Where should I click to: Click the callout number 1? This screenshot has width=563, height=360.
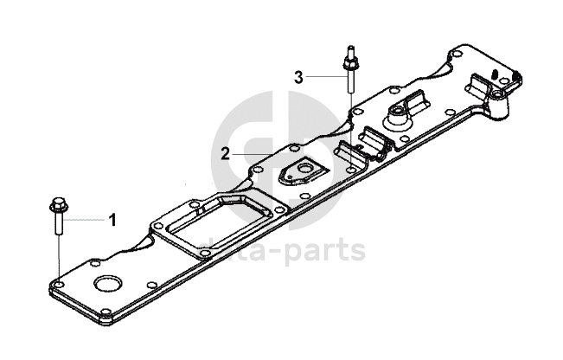click(112, 220)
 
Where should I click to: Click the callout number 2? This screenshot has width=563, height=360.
click(225, 154)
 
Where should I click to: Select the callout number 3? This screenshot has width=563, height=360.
click(298, 77)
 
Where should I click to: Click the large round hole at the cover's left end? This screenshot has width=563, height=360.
click(108, 286)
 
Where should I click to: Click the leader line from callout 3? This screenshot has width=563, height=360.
click(324, 77)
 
